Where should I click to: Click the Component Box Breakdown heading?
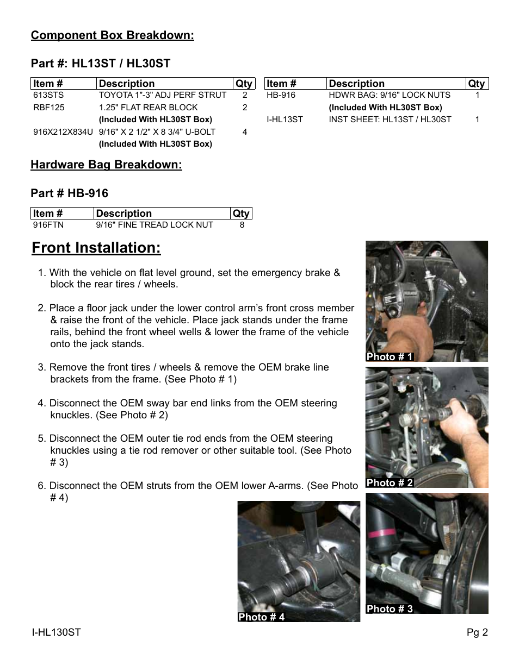coord(112,35)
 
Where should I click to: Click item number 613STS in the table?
coord(48,95)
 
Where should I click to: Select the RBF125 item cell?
coord(49,108)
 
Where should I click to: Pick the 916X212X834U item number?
coord(63,132)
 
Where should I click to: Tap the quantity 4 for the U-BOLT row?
coord(245,132)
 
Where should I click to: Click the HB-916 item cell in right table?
coord(281,95)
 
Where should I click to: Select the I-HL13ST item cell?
coord(285,120)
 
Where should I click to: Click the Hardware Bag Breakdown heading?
coord(106,165)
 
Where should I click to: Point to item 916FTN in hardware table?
coord(48,225)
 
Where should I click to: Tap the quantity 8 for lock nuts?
coord(242,225)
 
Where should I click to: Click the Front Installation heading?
coord(96,248)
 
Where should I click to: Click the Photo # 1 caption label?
coord(390,357)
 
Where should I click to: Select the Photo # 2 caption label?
coord(390,483)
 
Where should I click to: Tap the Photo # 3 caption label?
coord(390,609)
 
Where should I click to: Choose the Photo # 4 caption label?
coord(261,617)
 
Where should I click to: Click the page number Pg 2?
coord(477,632)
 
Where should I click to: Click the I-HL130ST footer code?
coord(56,632)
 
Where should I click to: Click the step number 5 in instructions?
coord(41,438)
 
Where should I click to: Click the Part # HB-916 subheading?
coord(70,193)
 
